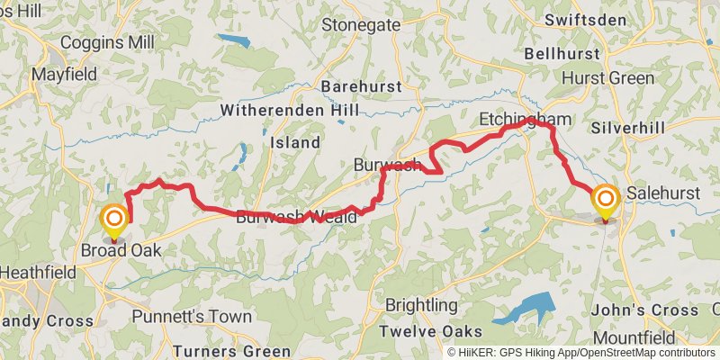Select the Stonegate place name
[360, 24]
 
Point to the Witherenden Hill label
[289, 111]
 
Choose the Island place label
[295, 142]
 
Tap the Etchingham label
[526, 120]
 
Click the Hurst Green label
[607, 78]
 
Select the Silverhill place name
[628, 128]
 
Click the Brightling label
[421, 305]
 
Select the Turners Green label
[231, 351]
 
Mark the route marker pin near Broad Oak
[114, 221]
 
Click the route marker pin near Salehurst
[605, 202]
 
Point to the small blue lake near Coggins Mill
[233, 40]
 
